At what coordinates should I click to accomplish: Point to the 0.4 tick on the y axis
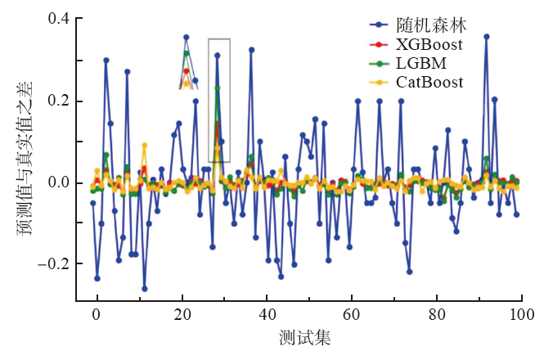click(59, 20)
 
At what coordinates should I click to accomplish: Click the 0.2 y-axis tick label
click(59, 101)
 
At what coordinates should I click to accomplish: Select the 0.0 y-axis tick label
click(59, 182)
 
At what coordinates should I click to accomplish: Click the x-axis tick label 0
click(97, 313)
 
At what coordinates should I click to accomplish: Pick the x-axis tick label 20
click(182, 313)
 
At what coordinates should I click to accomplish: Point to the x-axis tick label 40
click(267, 313)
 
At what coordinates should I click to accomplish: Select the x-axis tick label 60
click(352, 313)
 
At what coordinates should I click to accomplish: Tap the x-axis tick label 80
click(437, 313)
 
